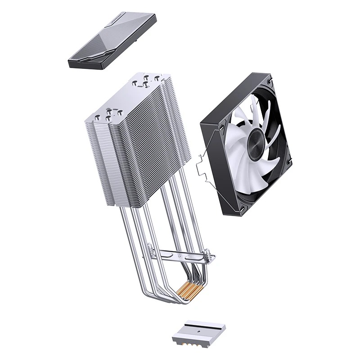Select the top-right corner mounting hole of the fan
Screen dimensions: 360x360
coord(269,82)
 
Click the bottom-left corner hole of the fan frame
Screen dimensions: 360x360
coord(242,209)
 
